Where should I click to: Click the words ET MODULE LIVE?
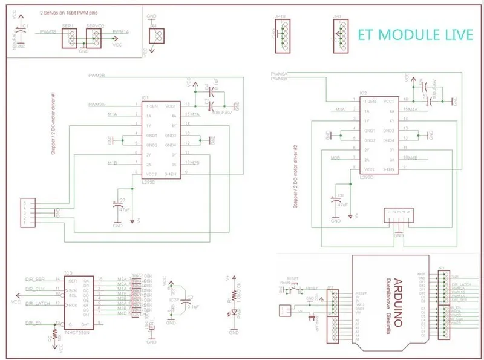point(415,34)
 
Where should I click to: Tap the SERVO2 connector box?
point(94,38)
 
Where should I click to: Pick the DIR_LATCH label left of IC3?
point(38,303)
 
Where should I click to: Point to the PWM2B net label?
point(96,76)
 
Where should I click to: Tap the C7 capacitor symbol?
point(117,206)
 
